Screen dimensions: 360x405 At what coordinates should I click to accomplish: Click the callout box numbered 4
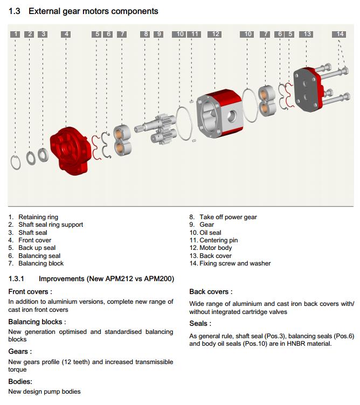(66, 34)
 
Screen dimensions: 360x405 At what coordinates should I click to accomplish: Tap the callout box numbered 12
(214, 34)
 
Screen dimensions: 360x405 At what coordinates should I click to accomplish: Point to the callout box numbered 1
(15, 34)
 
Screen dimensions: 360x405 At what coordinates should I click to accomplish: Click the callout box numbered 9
(158, 34)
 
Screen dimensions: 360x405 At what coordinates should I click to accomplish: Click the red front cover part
(70, 151)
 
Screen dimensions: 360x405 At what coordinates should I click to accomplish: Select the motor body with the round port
(220, 113)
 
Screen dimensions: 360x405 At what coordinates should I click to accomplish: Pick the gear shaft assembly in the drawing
(156, 128)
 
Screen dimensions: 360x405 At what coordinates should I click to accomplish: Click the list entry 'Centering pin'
(218, 240)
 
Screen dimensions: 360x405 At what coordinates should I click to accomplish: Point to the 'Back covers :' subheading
(211, 291)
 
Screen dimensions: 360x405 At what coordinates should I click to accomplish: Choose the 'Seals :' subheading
(200, 323)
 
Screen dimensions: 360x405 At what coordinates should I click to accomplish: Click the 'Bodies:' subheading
(20, 381)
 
